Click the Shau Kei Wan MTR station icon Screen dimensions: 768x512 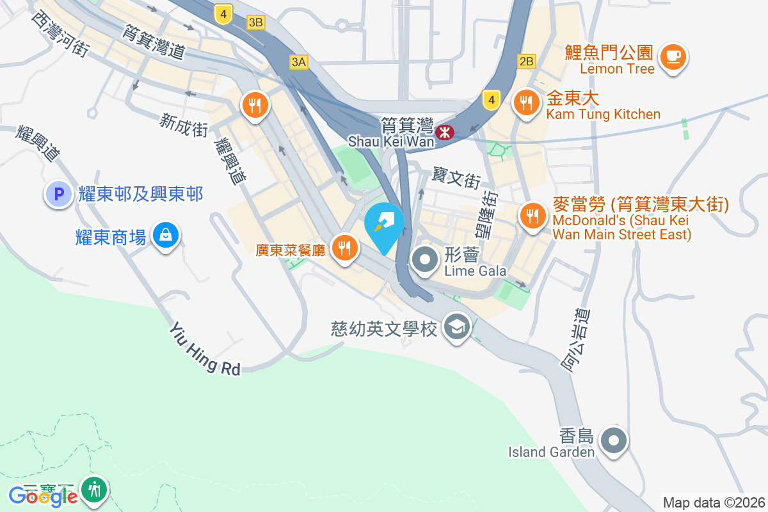click(444, 132)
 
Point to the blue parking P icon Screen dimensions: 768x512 click(58, 193)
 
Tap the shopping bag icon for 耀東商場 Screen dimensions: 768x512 click(166, 236)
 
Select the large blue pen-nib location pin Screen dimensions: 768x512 click(384, 225)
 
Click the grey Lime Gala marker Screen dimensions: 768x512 click(424, 260)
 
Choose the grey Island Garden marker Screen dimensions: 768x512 click(614, 440)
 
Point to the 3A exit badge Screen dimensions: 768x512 click(299, 62)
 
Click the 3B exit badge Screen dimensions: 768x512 click(256, 22)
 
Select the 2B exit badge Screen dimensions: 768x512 click(526, 61)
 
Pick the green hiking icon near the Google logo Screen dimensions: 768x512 click(95, 490)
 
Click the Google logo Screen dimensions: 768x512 click(42, 496)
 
